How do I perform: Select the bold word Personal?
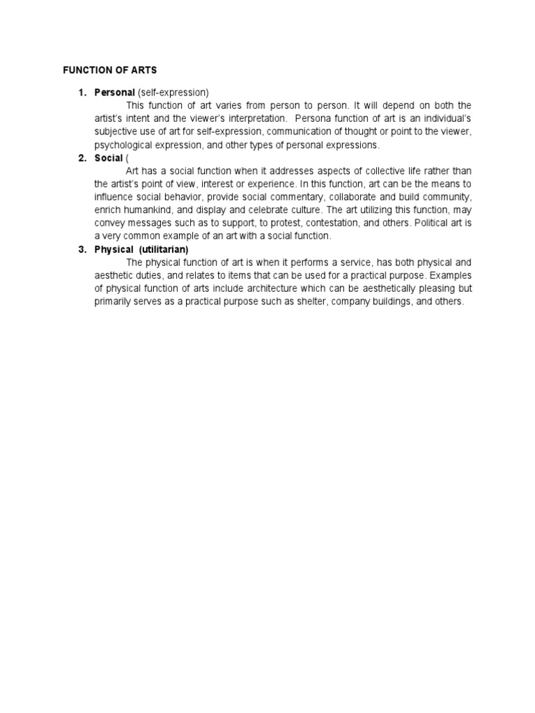[115, 93]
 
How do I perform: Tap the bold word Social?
[109, 158]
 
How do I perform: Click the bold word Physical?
[114, 250]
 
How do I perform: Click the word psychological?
[123, 145]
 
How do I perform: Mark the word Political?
[432, 224]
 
